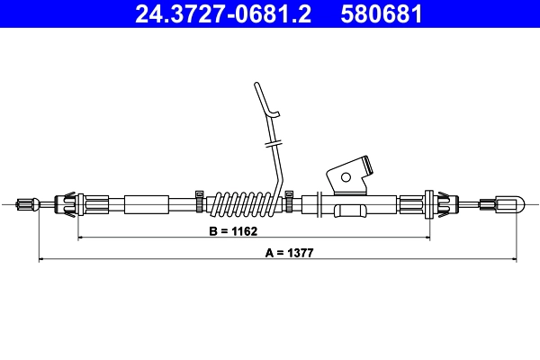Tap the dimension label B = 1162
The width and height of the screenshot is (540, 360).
coord(233,231)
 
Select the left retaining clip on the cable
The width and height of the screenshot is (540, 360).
coord(69,204)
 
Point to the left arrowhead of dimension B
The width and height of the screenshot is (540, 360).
coord(81,238)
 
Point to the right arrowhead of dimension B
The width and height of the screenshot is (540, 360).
coord(429,238)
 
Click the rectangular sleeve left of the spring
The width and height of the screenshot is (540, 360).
coord(146,204)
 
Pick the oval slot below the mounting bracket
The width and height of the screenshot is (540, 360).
coord(349,211)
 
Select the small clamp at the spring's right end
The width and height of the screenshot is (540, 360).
coord(290,198)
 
